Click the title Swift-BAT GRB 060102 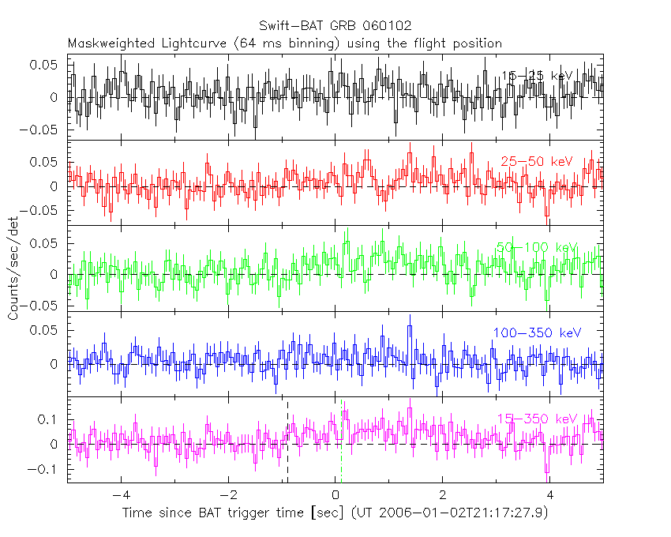click(335, 26)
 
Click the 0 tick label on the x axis click(335, 495)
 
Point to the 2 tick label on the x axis click(443, 495)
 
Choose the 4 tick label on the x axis click(550, 495)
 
